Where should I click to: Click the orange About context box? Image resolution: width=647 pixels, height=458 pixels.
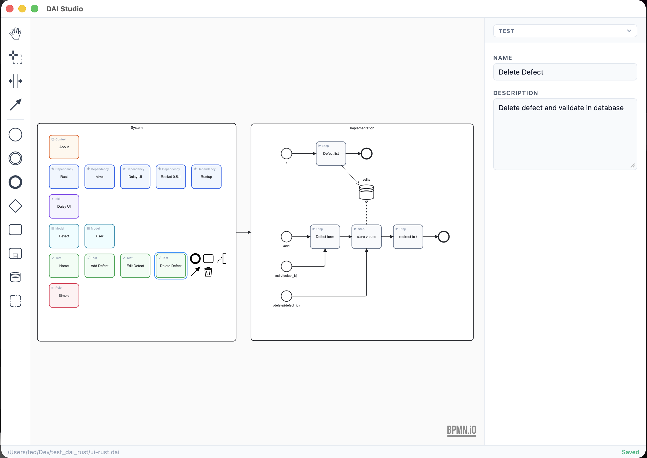(64, 147)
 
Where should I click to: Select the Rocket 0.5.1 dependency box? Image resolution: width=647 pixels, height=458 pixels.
(171, 177)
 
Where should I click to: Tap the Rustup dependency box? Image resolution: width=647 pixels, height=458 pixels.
(206, 177)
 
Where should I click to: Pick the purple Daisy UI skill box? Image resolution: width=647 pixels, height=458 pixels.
(64, 206)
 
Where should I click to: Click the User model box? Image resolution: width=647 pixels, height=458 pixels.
(100, 236)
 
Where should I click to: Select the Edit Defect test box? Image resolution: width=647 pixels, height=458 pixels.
(135, 266)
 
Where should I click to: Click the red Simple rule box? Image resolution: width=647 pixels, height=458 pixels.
(64, 295)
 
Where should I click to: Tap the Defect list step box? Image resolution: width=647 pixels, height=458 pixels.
(331, 153)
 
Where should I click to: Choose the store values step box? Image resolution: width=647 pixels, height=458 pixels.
(366, 237)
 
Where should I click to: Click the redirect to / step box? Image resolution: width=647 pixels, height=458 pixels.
(408, 237)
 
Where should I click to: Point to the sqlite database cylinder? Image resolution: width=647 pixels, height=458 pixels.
(366, 192)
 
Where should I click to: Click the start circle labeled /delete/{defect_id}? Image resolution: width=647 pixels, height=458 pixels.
(286, 296)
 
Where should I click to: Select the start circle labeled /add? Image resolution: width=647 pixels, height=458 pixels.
(286, 237)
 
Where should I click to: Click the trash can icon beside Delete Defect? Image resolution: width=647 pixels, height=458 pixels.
(208, 272)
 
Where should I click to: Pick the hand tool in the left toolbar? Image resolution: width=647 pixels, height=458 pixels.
(15, 33)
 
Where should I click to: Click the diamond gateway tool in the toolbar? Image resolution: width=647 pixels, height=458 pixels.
(15, 206)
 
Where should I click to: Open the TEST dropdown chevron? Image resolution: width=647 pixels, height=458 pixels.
(629, 31)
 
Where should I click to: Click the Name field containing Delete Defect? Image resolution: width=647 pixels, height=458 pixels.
(565, 72)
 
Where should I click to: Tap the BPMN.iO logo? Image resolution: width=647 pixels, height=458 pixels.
(461, 430)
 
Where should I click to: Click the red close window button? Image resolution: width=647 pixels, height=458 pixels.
(10, 9)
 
